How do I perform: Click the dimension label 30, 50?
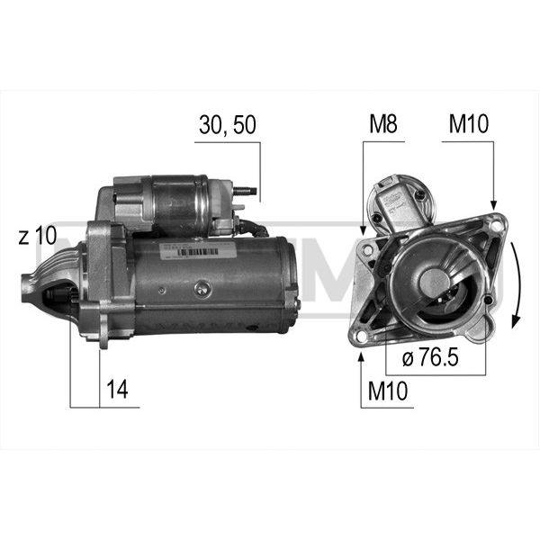[x=228, y=125]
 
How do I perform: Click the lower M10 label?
[x=388, y=391]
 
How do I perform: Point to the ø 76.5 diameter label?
[x=430, y=357]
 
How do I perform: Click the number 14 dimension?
[x=117, y=389]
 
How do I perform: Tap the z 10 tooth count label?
[x=38, y=236]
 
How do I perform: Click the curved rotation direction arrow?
[x=516, y=285]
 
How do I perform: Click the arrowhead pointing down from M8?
[x=363, y=230]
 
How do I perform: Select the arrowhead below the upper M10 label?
[x=493, y=205]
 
